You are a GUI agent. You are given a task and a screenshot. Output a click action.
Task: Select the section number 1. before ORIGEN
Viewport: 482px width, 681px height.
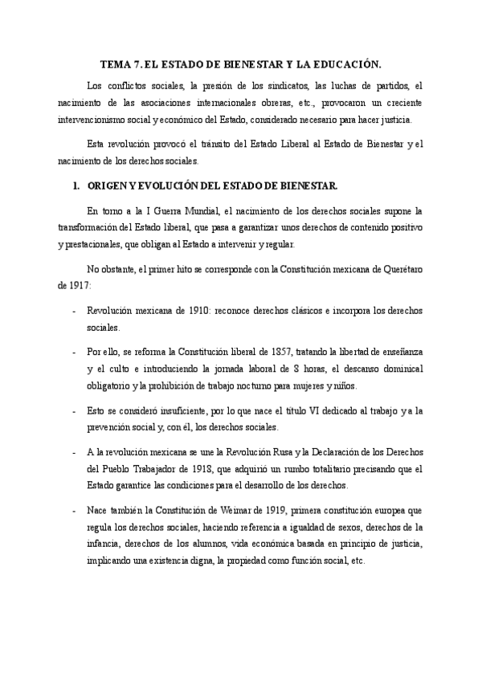[x=76, y=186]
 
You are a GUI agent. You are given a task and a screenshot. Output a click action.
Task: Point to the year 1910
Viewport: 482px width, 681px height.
[x=194, y=311]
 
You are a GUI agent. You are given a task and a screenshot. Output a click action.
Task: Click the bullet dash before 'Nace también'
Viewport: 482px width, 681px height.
[x=74, y=511]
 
